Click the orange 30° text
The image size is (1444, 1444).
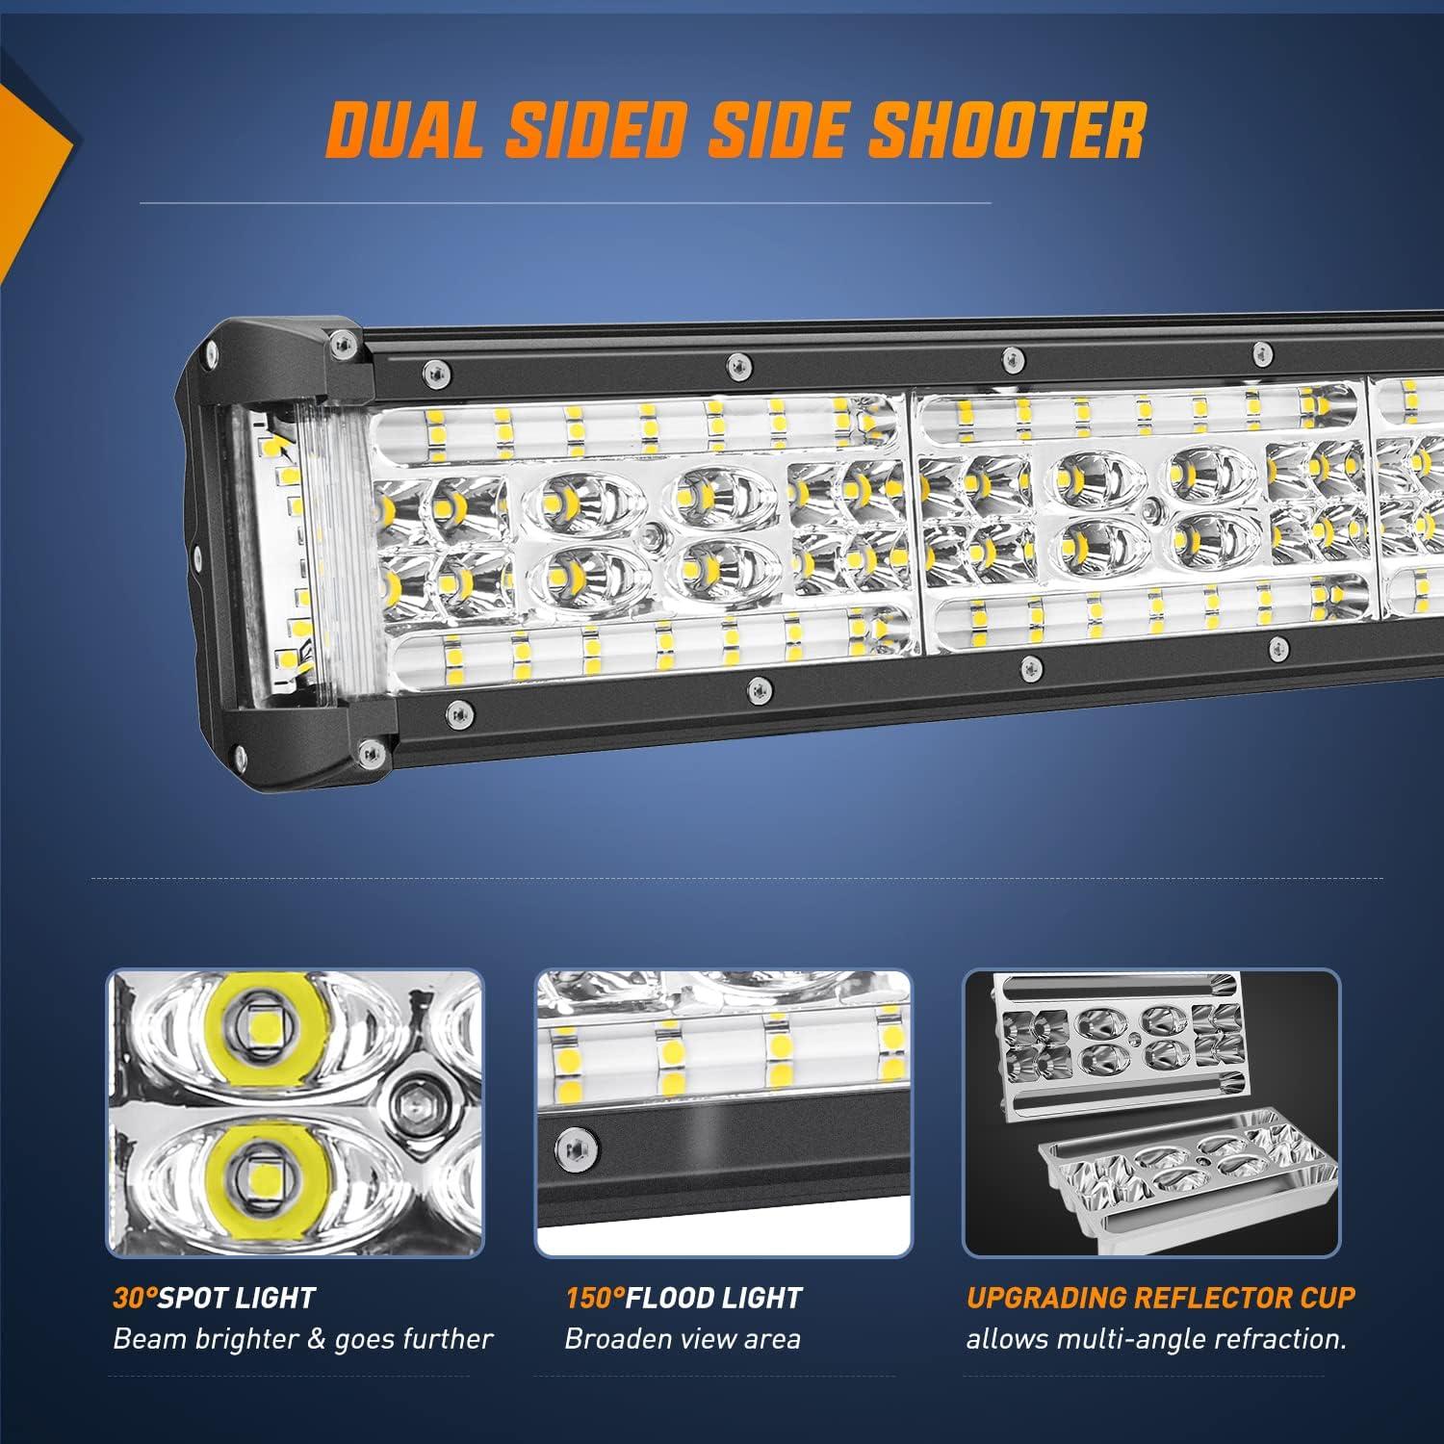135,1298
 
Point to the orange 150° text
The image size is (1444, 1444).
595,1298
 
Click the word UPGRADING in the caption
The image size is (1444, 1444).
1045,1298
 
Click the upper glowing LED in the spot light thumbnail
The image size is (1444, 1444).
259,1032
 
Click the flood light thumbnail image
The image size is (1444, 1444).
723,1113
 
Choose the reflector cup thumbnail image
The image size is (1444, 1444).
1151,1113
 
